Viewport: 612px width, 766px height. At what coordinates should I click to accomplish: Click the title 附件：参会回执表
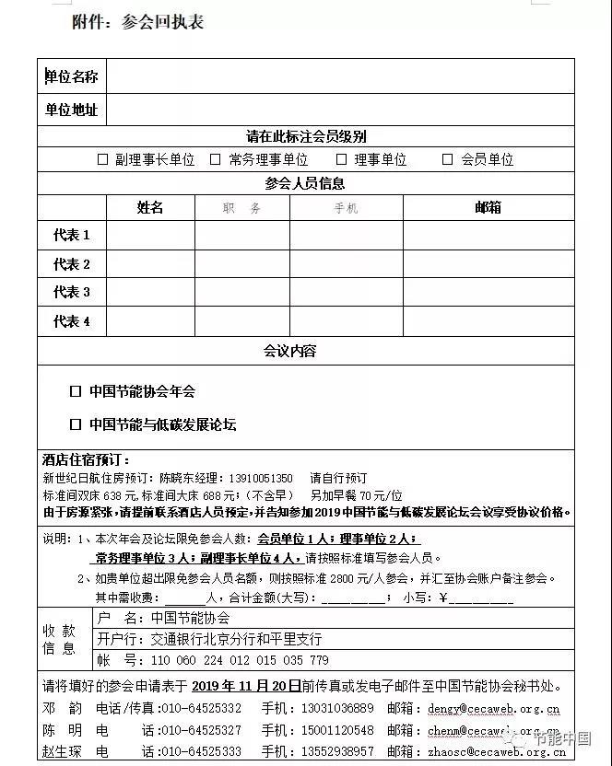[138, 22]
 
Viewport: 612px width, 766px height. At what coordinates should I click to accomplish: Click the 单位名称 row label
[72, 76]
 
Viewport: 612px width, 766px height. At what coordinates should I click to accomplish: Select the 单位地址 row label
[72, 110]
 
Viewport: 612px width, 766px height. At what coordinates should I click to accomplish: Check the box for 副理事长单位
[103, 159]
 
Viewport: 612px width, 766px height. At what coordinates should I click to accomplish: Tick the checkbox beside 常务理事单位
[216, 159]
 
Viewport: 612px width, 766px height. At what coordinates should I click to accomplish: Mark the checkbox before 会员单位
[448, 159]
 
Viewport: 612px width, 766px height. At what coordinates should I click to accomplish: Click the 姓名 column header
[150, 208]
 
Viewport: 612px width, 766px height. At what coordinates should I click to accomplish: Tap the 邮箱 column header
[488, 208]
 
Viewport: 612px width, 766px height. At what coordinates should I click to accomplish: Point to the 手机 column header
[346, 209]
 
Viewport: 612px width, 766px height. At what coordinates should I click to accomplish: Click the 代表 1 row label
[72, 236]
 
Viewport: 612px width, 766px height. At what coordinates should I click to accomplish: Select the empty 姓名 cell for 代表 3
[150, 293]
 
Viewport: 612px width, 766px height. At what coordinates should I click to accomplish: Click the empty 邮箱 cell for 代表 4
[488, 322]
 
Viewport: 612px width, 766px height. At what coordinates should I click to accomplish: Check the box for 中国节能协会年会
[76, 391]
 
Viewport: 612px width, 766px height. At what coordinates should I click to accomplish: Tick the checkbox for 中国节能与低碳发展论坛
[76, 424]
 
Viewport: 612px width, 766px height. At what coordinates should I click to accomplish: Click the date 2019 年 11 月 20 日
[246, 686]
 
